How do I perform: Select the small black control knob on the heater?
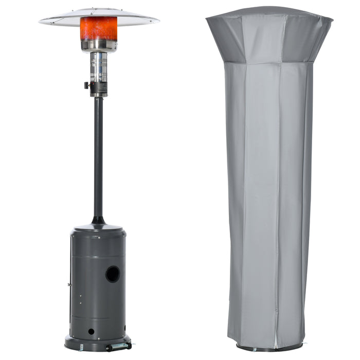coord(87,85)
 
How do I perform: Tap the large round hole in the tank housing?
coord(113,274)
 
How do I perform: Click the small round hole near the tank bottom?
coord(91,331)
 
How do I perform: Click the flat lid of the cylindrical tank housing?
coord(98,228)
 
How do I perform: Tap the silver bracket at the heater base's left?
coord(81,347)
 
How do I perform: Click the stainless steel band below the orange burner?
coord(99,46)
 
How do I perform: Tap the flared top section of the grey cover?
coord(269,39)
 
